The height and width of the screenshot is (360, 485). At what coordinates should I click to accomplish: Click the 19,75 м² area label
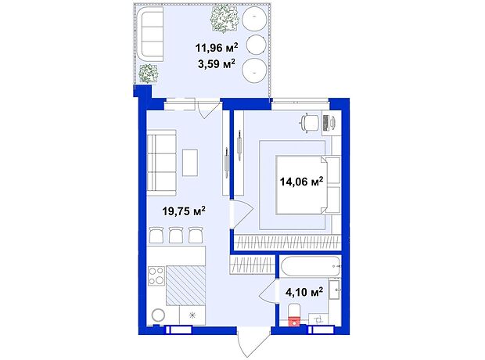pos(184,211)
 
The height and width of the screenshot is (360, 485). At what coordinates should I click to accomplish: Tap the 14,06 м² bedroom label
pos(301,181)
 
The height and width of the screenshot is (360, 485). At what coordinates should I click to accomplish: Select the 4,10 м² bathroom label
pos(304,292)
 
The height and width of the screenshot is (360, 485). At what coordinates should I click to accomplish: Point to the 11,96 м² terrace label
pos(217,48)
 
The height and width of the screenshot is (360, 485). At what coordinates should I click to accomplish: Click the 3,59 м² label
pos(217,63)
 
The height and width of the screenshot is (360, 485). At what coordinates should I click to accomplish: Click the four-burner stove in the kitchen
pos(156,275)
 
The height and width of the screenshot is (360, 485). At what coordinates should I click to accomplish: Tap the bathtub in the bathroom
pos(311,266)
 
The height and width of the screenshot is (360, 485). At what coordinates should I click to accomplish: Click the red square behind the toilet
pos(294,322)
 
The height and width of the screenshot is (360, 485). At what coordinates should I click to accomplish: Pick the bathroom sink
pos(334,290)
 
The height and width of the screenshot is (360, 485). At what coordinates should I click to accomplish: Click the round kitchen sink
pos(158,315)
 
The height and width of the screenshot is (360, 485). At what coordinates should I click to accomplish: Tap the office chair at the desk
pos(309,122)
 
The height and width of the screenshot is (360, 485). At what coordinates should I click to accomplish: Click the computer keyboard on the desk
pos(325,123)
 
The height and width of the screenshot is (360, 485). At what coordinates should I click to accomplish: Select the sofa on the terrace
pos(151,34)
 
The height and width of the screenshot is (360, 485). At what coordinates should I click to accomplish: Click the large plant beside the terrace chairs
pos(225,19)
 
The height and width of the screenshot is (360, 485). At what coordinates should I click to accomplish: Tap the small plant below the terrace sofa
pos(149,74)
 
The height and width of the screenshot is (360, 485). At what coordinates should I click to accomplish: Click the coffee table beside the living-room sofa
pos(190,163)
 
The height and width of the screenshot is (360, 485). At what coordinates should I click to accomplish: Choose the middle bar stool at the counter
pos(176,236)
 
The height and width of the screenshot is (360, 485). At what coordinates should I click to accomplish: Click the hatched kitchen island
pos(185,285)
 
